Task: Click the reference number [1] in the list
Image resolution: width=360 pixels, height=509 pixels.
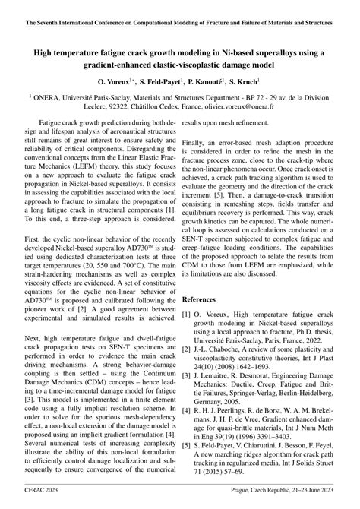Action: click(x=186, y=292)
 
